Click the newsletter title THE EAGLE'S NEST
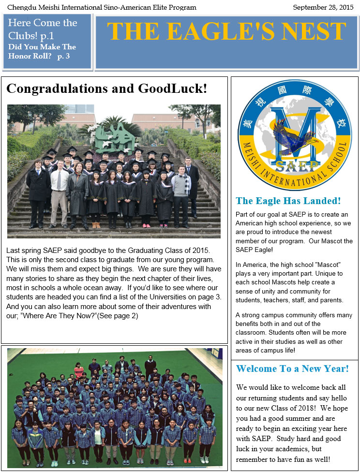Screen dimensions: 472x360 coord(226,31)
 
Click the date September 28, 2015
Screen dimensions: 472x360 coord(323,7)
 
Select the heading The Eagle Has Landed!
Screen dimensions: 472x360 coord(288,201)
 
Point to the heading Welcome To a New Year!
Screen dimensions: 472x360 coord(292,369)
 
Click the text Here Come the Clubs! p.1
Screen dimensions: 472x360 coord(43,29)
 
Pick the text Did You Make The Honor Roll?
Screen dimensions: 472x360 coord(42,51)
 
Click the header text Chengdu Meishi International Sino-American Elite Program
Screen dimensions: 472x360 coord(102,7)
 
